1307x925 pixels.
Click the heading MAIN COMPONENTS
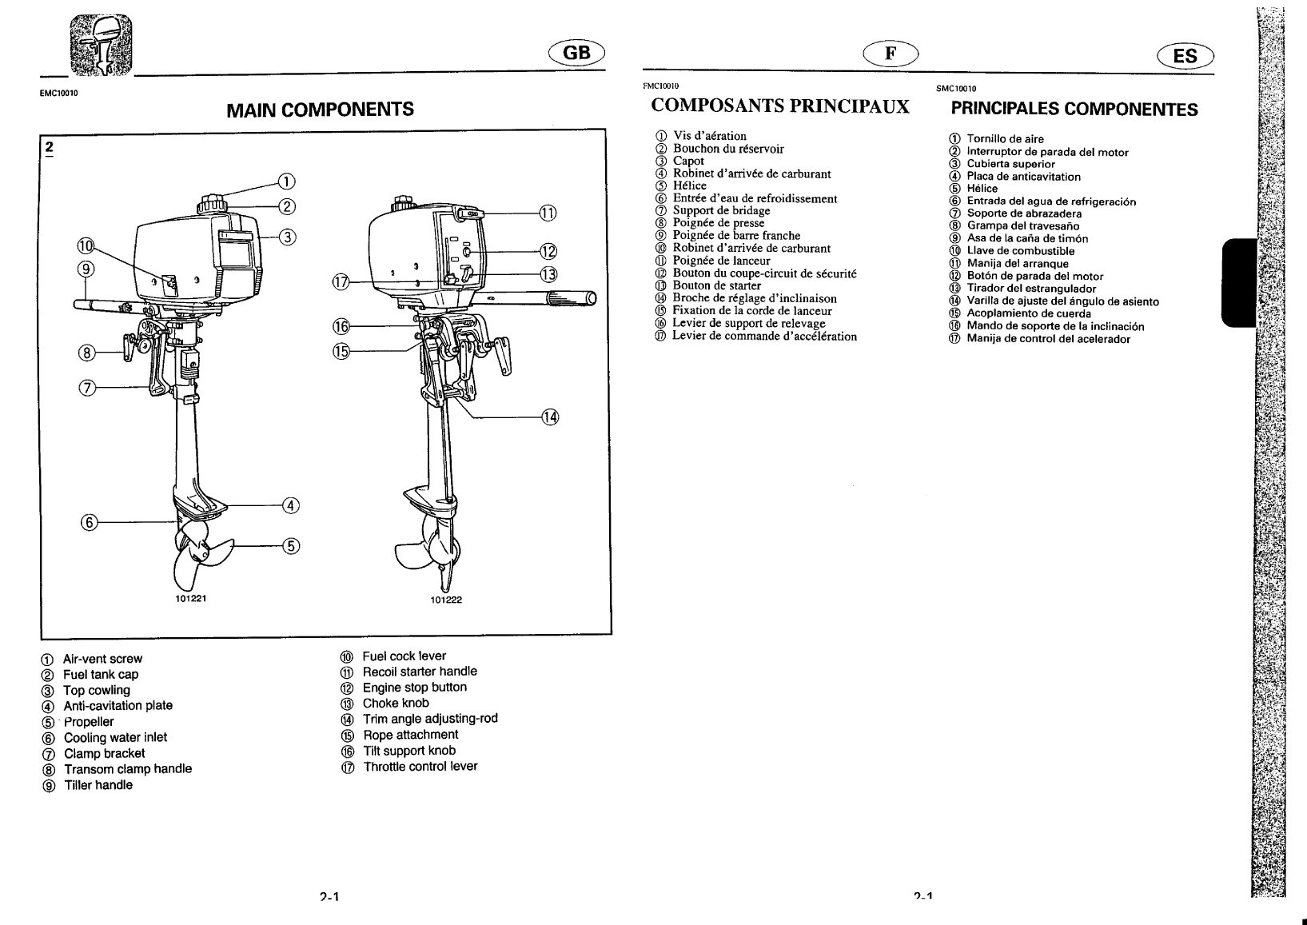coord(320,110)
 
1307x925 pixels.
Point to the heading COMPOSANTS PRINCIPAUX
coord(780,106)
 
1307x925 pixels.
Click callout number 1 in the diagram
coord(285,180)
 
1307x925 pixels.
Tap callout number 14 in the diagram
coord(550,417)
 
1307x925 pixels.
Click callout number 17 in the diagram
coord(341,282)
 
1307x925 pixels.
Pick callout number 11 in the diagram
coord(548,213)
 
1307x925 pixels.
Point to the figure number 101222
coord(446,600)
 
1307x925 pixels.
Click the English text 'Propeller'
coord(89,722)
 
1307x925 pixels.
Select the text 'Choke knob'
coord(396,704)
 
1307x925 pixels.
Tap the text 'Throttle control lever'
coord(420,767)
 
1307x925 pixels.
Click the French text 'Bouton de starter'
coord(716,286)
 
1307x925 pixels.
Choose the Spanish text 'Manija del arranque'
coord(1017,264)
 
